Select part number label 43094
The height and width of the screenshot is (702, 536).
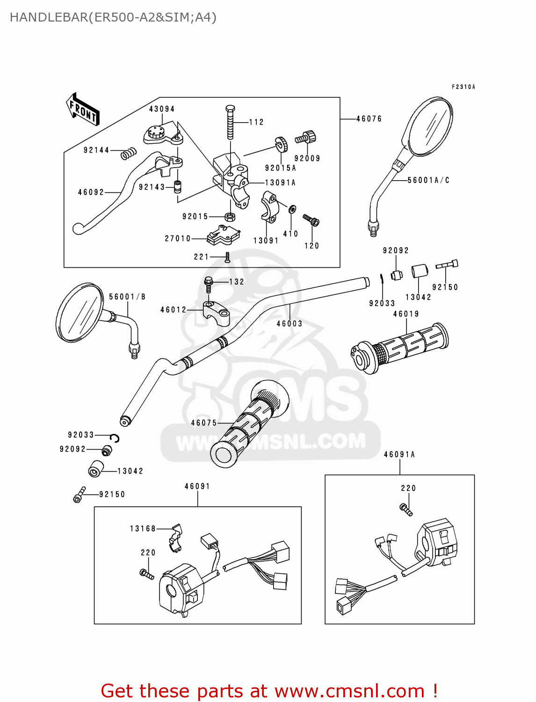[162, 109]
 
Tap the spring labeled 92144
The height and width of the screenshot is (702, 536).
[128, 153]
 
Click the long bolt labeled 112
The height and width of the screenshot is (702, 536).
[230, 123]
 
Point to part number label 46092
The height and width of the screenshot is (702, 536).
[91, 192]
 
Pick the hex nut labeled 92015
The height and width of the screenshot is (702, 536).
[230, 217]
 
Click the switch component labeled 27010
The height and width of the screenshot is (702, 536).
[223, 235]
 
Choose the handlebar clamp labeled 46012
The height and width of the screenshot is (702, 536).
[217, 312]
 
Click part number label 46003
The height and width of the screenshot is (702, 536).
[289, 324]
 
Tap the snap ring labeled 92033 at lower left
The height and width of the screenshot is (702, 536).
[115, 438]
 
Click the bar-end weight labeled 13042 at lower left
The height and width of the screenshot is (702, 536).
[96, 468]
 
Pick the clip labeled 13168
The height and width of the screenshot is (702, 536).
[175, 536]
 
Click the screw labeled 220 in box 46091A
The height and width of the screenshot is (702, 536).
[406, 509]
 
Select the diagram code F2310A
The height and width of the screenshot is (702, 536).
[463, 87]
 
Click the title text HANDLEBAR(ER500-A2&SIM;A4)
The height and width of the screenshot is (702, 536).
[113, 18]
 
